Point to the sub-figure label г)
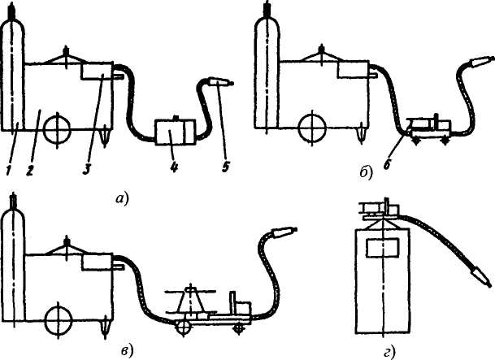[389, 351]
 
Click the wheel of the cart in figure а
[58, 128]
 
